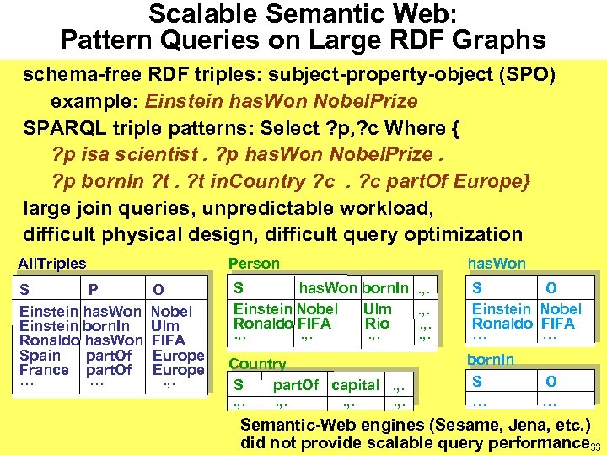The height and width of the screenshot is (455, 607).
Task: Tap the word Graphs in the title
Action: [497, 40]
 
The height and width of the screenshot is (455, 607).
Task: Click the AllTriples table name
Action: [52, 264]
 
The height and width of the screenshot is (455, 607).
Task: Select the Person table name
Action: [254, 264]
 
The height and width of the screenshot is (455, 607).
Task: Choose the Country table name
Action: [257, 364]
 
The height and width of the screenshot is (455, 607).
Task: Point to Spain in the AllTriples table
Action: [40, 355]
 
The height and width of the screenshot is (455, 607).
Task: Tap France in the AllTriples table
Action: [44, 370]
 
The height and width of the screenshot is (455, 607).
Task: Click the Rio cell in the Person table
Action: [377, 324]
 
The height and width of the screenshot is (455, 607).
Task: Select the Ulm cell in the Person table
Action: [377, 309]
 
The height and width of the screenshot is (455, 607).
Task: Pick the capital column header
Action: [355, 385]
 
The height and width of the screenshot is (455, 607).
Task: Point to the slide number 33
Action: [595, 447]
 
